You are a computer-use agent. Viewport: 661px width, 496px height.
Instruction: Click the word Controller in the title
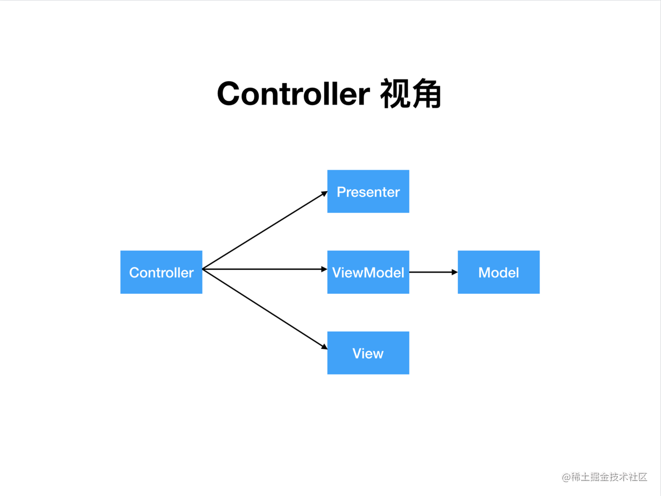pos(293,94)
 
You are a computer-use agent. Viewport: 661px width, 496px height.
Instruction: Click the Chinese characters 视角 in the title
pos(411,93)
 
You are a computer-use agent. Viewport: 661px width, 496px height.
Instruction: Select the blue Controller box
pos(162,272)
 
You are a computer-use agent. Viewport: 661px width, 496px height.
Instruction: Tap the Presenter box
pos(368,191)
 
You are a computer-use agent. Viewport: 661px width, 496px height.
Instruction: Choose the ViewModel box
pos(368,272)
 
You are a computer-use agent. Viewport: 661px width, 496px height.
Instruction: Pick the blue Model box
pos(499,272)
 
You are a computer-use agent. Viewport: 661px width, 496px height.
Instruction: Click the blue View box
pos(368,353)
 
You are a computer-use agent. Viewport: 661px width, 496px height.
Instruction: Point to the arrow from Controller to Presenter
pos(265,230)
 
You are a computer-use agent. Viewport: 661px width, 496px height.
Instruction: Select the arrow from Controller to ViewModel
pos(265,269)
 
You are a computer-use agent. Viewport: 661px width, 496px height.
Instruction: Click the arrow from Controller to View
pos(265,309)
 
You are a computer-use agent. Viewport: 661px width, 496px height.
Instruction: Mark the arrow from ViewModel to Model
pos(433,272)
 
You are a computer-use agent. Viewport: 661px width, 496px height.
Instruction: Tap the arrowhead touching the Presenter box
pos(324,194)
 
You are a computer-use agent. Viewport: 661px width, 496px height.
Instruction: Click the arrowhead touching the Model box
pos(455,272)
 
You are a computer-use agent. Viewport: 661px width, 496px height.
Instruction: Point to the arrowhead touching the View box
pos(324,347)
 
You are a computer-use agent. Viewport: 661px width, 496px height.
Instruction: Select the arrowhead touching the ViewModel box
pos(324,269)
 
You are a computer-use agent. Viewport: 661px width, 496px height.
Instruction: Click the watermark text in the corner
pos(604,477)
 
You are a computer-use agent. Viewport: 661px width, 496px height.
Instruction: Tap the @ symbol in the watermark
pos(567,477)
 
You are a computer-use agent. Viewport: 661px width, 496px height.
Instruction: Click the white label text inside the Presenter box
pos(368,192)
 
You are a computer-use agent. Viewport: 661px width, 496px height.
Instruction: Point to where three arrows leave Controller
pos(203,269)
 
